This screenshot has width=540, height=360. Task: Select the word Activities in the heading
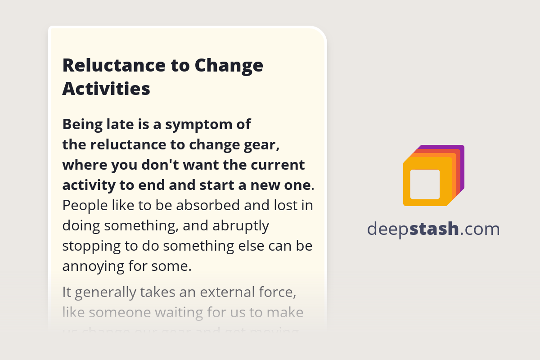pos(106,89)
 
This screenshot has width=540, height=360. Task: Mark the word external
pos(230,292)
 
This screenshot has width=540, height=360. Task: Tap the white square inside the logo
pos(425,184)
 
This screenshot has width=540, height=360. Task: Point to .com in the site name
pos(480,229)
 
